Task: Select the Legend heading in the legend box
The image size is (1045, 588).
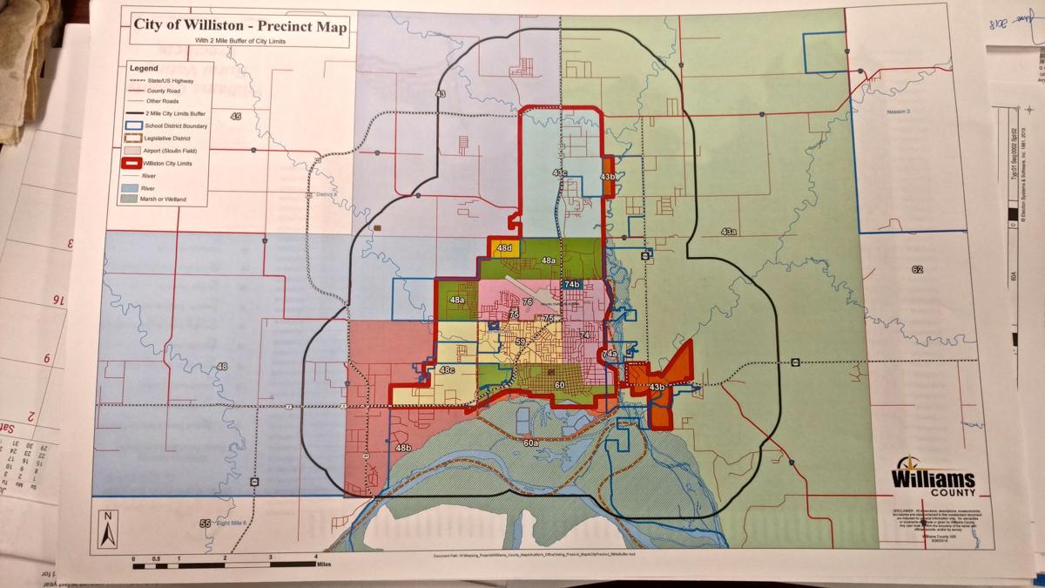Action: (x=144, y=67)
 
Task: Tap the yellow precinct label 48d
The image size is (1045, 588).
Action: (x=504, y=249)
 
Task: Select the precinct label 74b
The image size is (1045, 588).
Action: (x=571, y=285)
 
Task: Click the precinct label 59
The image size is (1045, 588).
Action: (x=520, y=343)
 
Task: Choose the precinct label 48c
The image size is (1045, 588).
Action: (x=447, y=371)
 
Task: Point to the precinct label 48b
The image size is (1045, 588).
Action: (x=403, y=448)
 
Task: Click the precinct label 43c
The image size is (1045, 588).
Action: (x=560, y=173)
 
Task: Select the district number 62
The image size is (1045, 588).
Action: (x=917, y=269)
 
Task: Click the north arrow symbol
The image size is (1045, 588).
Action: (x=105, y=529)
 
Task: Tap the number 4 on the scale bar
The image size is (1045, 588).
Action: (x=314, y=557)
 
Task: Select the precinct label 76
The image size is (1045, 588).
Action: (x=528, y=301)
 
